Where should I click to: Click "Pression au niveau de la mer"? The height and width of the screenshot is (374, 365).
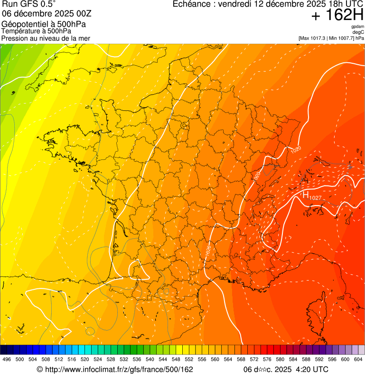(x=46, y=38)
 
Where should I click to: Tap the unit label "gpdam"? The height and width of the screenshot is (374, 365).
(x=358, y=27)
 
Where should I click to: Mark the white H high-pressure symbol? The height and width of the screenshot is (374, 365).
(x=306, y=195)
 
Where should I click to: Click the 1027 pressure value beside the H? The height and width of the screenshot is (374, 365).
(x=316, y=197)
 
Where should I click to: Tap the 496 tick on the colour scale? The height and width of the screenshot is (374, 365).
(x=7, y=360)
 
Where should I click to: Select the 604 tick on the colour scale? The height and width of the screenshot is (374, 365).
(x=358, y=360)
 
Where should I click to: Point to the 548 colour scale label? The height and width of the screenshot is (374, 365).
(x=176, y=360)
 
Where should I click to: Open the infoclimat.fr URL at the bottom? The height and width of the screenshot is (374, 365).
(x=118, y=369)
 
